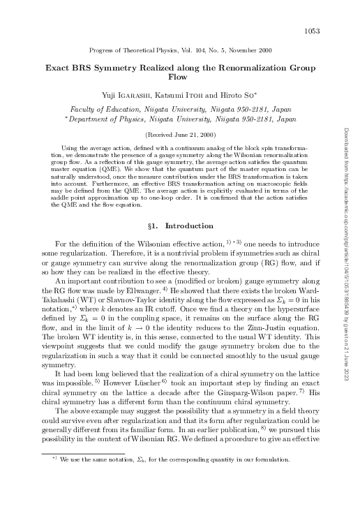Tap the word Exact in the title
point(60,69)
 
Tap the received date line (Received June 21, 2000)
point(179,134)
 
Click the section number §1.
point(159,226)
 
